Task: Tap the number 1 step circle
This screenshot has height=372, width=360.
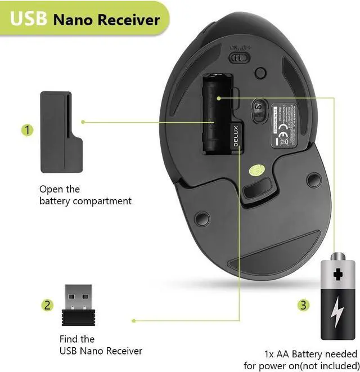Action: coord(28,130)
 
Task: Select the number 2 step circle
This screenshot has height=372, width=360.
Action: coord(48,305)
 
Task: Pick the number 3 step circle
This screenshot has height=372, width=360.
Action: coord(303,305)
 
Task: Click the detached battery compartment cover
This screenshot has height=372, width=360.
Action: coord(60,132)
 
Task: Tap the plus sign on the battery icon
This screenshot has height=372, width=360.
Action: coord(337,275)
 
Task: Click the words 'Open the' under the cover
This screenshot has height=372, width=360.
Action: coord(60,189)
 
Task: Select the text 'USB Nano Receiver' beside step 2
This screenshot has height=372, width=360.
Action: coord(101,351)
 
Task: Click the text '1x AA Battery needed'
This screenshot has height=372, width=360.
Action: coord(310,354)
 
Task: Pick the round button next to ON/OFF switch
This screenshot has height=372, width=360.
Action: coord(260,73)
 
